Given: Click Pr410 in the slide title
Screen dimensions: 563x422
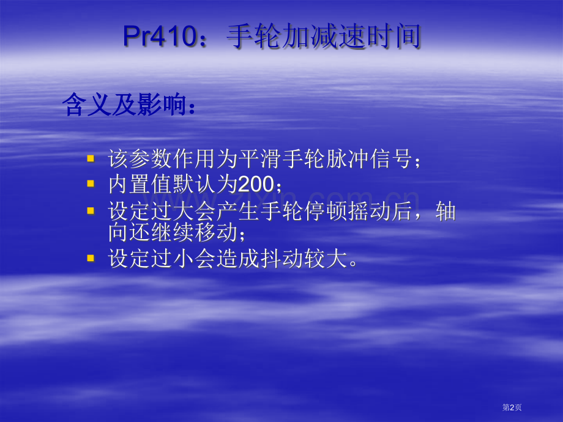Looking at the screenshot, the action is (x=160, y=36).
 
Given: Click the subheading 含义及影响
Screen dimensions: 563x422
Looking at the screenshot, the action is (x=124, y=105).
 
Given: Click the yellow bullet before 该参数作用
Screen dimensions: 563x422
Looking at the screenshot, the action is (x=91, y=158).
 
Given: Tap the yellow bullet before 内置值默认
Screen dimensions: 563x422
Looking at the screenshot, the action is (x=91, y=183).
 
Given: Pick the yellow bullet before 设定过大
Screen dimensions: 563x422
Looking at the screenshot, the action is (x=91, y=210).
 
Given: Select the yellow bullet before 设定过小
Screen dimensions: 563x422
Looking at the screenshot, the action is (x=91, y=258).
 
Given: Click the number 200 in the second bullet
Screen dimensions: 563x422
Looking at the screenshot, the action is (x=256, y=185).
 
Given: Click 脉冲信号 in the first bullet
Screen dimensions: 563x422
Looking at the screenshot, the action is (x=368, y=158).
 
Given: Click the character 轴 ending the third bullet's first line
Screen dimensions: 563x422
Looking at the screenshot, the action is (x=446, y=211).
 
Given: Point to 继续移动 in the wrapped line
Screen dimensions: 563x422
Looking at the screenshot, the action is (x=195, y=232).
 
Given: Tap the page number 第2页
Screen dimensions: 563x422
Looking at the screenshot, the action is (x=512, y=407).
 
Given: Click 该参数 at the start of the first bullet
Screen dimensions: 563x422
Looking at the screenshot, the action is (x=140, y=158).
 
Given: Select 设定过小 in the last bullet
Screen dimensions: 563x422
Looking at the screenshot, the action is (x=151, y=258).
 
